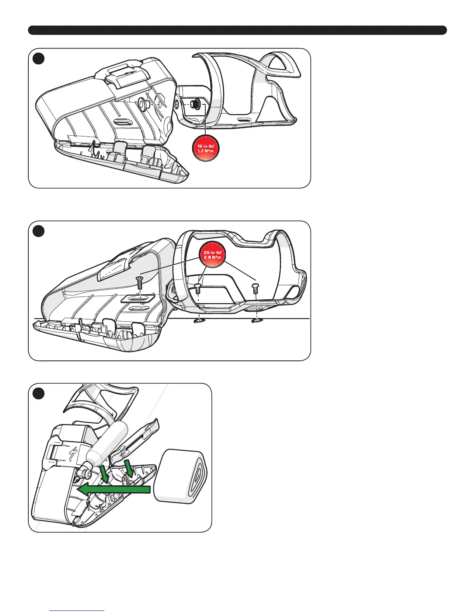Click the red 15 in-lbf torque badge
[206, 148]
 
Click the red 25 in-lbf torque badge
[212, 255]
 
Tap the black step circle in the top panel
[38, 58]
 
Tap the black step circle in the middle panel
[38, 231]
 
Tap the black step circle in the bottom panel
[38, 393]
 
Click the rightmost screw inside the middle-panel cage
[255, 288]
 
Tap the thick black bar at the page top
[237, 30]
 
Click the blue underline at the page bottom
[77, 611]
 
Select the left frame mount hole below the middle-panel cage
[199, 320]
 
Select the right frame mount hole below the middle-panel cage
[256, 320]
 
